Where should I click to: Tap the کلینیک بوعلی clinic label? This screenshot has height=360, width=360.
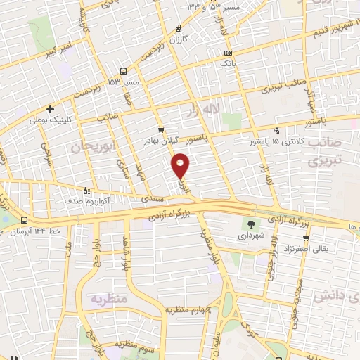point(51,120)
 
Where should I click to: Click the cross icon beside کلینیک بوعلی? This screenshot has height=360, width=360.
point(50,109)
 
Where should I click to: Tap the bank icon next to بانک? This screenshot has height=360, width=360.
point(227,53)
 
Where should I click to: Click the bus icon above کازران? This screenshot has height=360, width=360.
point(178,29)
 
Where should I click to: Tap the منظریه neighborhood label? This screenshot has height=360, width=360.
point(108,300)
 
